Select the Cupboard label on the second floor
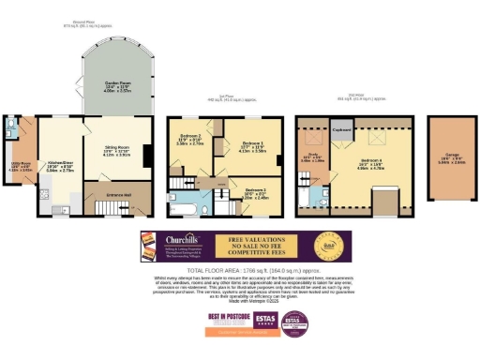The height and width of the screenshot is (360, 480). [341, 130]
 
